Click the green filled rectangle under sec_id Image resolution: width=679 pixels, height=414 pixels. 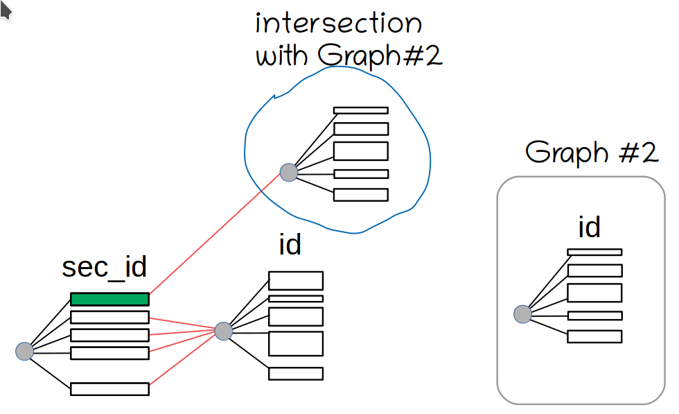tap(109, 300)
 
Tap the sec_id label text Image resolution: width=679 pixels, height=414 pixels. tap(105, 268)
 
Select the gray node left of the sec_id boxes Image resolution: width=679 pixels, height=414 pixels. tap(24, 352)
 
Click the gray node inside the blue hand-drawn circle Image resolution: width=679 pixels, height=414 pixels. tap(289, 172)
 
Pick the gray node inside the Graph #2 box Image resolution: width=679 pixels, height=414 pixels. tap(522, 314)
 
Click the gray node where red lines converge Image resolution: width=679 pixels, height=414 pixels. tap(223, 331)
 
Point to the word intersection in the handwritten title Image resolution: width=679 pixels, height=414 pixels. tap(339, 24)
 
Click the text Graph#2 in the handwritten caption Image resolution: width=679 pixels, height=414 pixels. tap(380, 56)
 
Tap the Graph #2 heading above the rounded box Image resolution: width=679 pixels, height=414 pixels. tap(591, 153)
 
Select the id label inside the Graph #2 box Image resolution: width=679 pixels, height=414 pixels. tap(589, 227)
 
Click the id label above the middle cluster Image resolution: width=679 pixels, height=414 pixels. tap(290, 244)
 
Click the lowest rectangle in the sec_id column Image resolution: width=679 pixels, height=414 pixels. tap(109, 388)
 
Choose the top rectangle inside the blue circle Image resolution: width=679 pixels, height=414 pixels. tap(360, 110)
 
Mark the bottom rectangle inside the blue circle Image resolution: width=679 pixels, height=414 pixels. tap(360, 195)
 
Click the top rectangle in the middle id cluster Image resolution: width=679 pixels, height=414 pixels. tap(296, 281)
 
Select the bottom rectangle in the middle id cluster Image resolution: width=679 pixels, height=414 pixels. tap(296, 374)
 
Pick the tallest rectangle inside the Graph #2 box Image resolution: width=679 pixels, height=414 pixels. tap(594, 293)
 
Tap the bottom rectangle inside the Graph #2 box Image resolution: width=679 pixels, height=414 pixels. tap(594, 336)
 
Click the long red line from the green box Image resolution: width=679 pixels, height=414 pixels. tap(215, 233)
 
